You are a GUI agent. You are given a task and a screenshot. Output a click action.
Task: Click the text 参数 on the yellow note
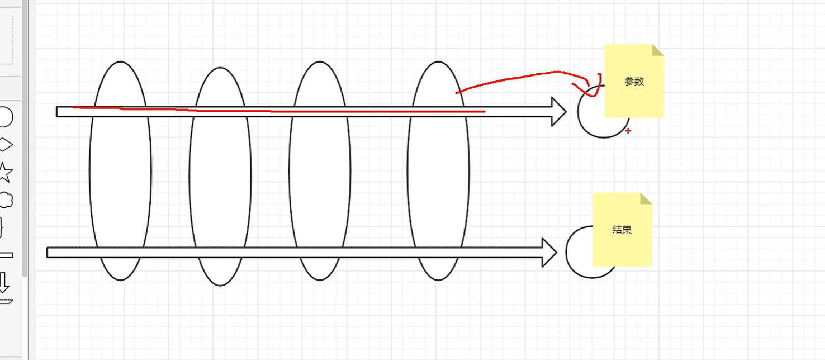(x=634, y=81)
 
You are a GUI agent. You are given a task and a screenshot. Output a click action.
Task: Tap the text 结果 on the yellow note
(x=622, y=230)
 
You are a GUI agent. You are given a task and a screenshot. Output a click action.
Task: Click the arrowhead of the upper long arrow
(x=559, y=112)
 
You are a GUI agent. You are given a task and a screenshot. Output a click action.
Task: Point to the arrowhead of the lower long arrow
(x=549, y=252)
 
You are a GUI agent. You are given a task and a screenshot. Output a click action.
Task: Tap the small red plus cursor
(x=628, y=131)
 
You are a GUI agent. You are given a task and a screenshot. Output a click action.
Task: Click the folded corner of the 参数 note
(x=658, y=49)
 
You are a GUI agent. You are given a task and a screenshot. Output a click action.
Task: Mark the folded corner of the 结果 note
(x=646, y=198)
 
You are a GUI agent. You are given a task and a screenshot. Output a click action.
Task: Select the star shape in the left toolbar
(x=5, y=173)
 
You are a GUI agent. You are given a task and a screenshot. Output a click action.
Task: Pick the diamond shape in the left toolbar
(x=5, y=145)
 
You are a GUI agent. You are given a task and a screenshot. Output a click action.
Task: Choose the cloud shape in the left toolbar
(x=6, y=200)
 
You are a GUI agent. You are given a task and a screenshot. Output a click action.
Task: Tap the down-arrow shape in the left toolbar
(x=4, y=282)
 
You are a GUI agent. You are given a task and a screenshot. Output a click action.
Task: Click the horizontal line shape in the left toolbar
(x=6, y=255)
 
